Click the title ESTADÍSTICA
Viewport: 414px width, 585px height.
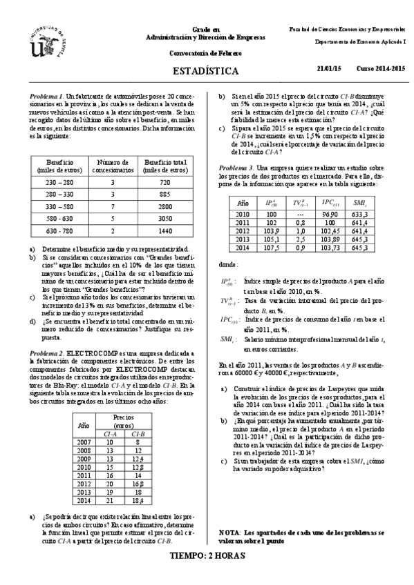207,71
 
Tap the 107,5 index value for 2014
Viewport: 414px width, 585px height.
272,248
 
